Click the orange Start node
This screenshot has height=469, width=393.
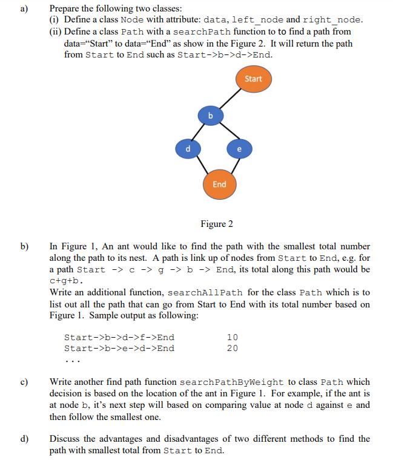tap(253, 79)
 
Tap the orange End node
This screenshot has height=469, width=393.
tap(219, 184)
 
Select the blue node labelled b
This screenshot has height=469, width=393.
tap(210, 115)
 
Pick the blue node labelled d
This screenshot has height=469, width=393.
tap(187, 148)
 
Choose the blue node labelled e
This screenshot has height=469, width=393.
tap(238, 148)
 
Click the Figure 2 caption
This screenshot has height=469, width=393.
tap(217, 224)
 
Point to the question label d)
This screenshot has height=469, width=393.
tap(24, 439)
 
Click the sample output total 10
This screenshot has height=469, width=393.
tap(233, 337)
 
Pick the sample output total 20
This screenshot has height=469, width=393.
tap(233, 348)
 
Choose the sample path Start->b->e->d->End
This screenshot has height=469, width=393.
tap(119, 348)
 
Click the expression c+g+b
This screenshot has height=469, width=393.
tap(67, 281)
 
